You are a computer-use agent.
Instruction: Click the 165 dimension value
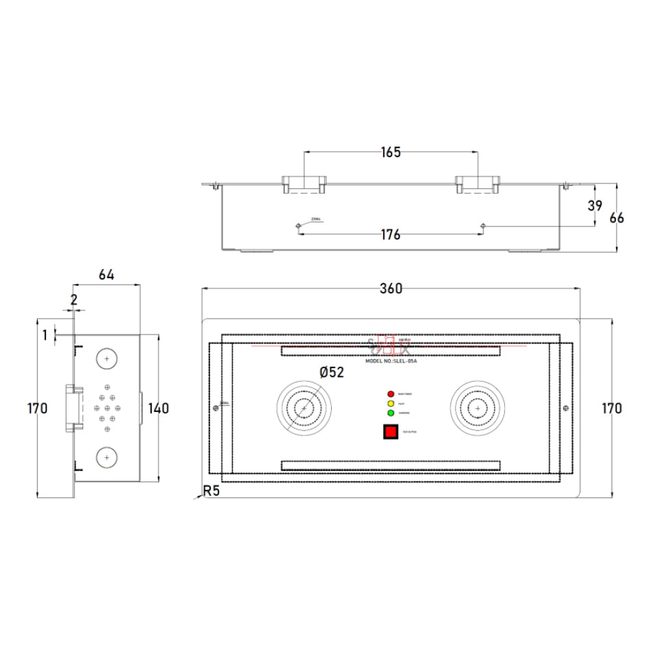(391, 152)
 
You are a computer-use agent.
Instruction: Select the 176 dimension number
(390, 235)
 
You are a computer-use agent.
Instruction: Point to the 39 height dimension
(595, 205)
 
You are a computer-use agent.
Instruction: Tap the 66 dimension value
(617, 218)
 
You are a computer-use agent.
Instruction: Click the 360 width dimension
(391, 289)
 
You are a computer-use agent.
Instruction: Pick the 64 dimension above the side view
(106, 275)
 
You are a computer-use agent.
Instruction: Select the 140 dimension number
(158, 409)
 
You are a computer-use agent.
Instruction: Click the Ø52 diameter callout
(332, 372)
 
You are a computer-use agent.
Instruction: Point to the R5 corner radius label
(211, 492)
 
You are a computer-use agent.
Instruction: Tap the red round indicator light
(391, 394)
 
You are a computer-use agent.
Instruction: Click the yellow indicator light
(391, 404)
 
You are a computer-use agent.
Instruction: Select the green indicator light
(391, 413)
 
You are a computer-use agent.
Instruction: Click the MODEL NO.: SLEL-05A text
(391, 361)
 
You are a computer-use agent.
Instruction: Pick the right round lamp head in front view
(477, 409)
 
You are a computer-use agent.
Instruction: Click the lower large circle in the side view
(106, 456)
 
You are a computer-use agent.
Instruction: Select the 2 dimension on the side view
(73, 299)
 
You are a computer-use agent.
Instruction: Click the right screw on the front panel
(565, 409)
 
